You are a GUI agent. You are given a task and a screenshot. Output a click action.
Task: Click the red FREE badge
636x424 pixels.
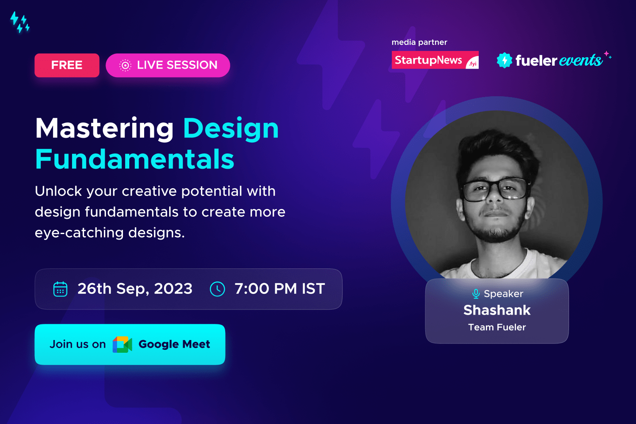(67, 65)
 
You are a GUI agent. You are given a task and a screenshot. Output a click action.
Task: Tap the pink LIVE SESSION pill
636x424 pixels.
(168, 65)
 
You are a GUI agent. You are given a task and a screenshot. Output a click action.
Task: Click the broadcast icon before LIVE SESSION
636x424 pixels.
(125, 65)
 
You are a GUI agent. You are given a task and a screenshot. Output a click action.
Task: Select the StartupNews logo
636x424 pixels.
(435, 60)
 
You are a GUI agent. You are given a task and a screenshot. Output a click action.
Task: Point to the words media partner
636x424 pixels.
(419, 42)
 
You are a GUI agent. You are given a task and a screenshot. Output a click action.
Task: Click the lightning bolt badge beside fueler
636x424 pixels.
(505, 60)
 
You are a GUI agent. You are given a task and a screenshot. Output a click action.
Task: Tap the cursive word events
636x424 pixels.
(580, 60)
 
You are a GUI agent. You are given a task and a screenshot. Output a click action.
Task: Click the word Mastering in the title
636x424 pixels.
(104, 129)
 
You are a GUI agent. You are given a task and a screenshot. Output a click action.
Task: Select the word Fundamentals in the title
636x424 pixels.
(134, 159)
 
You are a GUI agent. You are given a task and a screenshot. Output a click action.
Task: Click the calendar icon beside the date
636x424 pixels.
(60, 289)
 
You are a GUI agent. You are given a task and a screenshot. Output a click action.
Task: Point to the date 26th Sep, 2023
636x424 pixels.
(135, 289)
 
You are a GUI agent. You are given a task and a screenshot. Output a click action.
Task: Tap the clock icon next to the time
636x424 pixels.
(217, 289)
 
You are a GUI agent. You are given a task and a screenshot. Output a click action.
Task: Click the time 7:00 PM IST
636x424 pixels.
(280, 289)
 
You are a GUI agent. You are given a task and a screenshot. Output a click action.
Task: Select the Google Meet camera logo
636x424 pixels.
(123, 344)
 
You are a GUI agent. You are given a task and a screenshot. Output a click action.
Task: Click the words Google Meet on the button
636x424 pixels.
(174, 344)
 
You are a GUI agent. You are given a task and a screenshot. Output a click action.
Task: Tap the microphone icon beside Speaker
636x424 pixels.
(476, 294)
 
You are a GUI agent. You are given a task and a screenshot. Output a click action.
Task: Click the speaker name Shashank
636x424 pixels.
(497, 310)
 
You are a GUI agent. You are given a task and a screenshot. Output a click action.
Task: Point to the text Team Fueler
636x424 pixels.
(497, 327)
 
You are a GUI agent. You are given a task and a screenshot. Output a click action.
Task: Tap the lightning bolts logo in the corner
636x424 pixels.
(20, 22)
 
